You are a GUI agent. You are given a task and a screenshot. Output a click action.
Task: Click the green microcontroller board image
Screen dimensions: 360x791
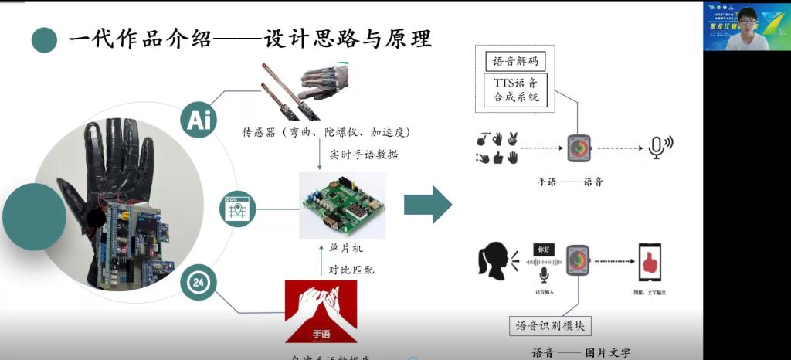(341, 205)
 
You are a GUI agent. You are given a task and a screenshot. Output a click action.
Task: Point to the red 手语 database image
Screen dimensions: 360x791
(321, 311)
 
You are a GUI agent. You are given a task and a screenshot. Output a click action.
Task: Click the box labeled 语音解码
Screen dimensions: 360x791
(514, 61)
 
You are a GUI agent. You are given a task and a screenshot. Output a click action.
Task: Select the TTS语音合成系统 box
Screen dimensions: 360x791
(515, 90)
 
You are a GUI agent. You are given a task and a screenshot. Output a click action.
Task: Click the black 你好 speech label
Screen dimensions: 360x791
(545, 250)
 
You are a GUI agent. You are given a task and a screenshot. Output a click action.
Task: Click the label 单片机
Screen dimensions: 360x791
(341, 250)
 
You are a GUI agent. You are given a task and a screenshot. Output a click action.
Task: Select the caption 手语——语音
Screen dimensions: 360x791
(570, 183)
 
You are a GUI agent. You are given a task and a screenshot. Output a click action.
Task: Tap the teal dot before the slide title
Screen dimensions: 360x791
(44, 39)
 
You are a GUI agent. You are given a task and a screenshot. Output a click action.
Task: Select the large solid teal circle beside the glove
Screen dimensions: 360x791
(33, 217)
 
